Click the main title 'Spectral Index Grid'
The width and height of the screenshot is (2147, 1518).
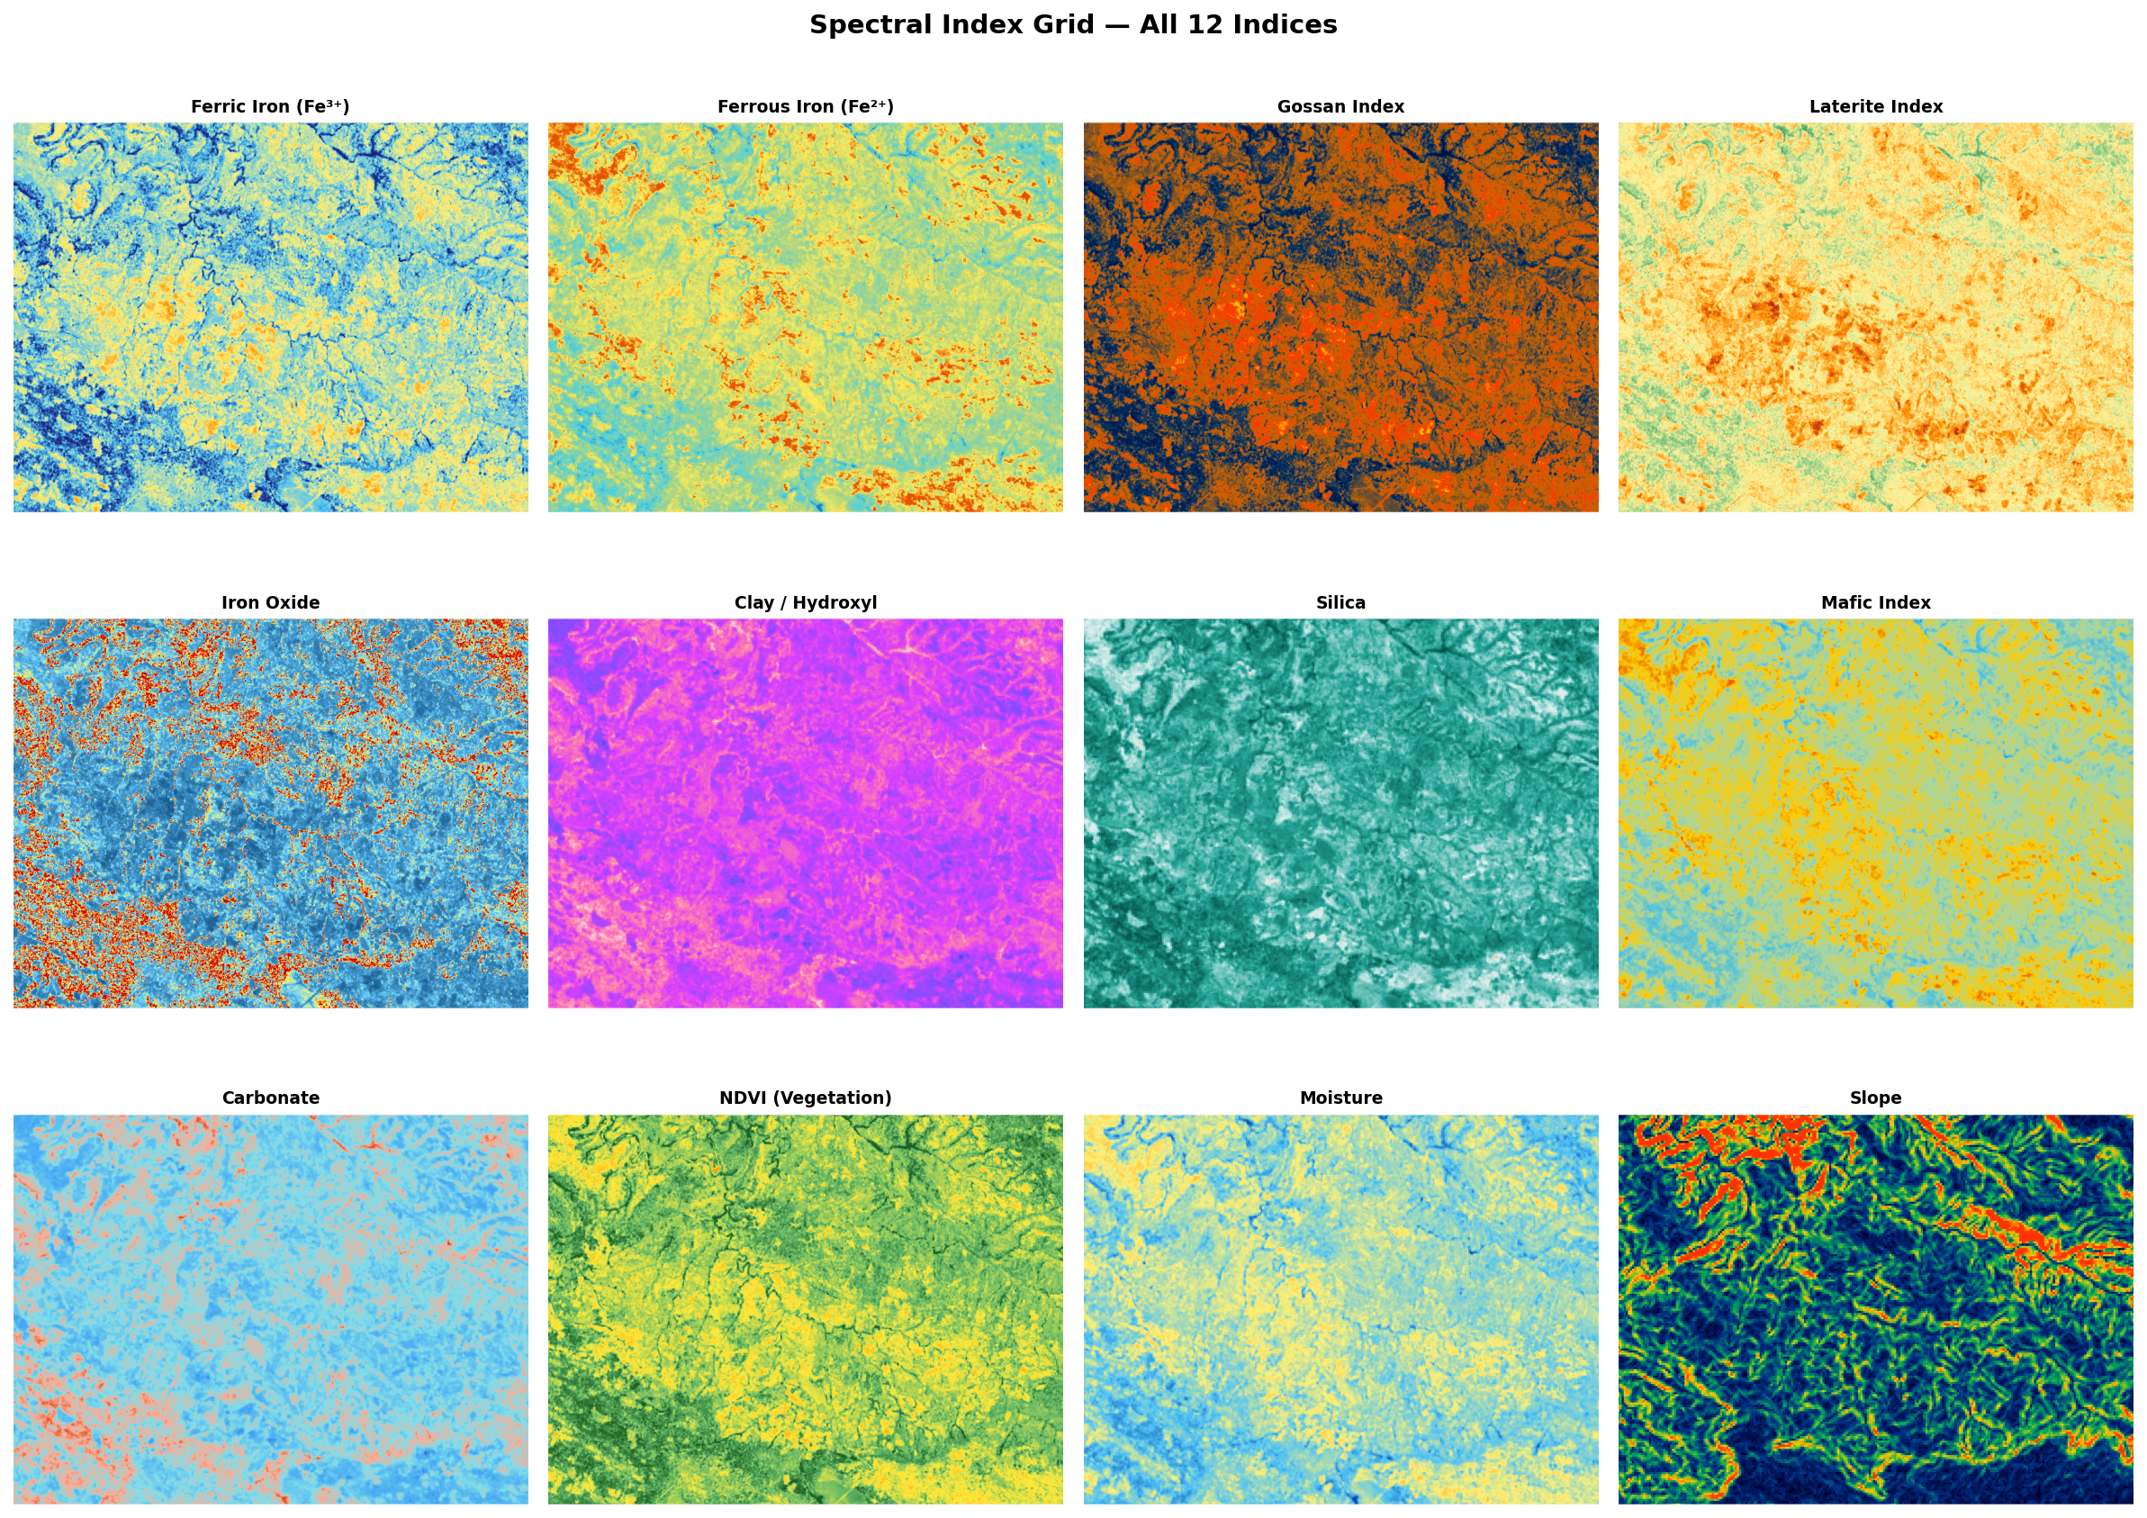click(x=1072, y=25)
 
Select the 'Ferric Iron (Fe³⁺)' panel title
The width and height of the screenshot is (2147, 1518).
click(x=270, y=106)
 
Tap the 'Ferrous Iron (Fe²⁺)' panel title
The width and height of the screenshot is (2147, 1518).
click(x=805, y=106)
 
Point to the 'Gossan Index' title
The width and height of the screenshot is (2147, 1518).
click(x=1340, y=106)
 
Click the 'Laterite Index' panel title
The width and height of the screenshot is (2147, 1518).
click(x=1875, y=106)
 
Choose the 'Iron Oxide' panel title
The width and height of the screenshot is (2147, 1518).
click(x=270, y=602)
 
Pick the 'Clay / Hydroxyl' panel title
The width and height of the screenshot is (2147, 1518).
click(x=805, y=602)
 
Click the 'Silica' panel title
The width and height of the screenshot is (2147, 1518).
click(x=1340, y=602)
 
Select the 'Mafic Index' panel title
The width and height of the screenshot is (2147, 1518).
click(x=1875, y=602)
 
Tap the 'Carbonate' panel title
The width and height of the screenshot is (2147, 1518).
click(x=270, y=1098)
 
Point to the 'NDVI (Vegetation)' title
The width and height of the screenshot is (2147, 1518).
click(x=805, y=1098)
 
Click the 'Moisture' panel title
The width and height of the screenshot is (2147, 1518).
click(x=1340, y=1098)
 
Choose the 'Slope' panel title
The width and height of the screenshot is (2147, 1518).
click(x=1875, y=1098)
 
